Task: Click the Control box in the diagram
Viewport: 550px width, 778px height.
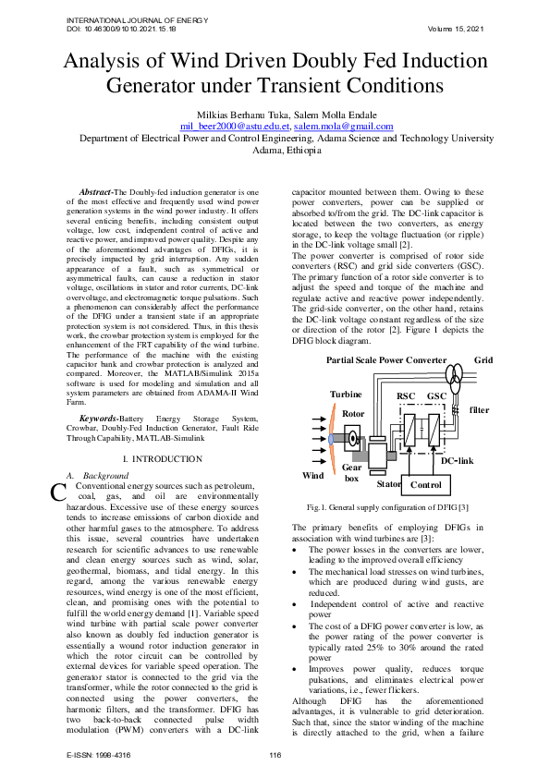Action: click(426, 484)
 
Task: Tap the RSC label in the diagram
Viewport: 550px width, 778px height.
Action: click(406, 396)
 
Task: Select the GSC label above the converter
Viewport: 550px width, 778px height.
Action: click(437, 396)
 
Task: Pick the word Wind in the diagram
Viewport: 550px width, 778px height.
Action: click(314, 476)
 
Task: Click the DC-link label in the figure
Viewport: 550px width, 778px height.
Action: click(457, 460)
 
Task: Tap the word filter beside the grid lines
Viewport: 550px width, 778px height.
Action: click(479, 409)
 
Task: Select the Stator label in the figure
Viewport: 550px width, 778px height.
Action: click(388, 483)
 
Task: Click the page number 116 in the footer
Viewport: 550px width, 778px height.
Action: click(275, 757)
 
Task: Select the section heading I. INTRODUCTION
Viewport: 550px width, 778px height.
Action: click(162, 459)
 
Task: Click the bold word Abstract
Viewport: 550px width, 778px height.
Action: click(94, 191)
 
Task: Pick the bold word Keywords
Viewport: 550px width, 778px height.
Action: click(97, 419)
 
